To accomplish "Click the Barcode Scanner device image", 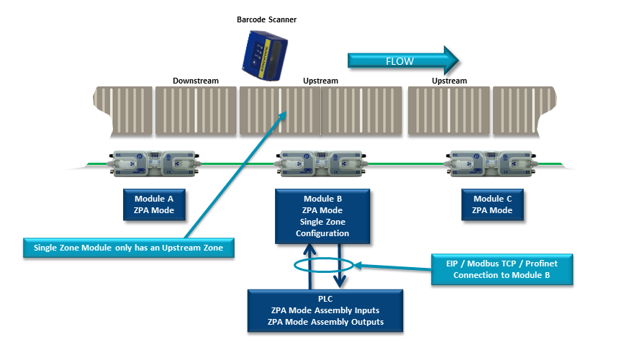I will [x=267, y=50].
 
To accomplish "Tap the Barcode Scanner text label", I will [x=267, y=19].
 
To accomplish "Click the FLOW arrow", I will [x=403, y=60].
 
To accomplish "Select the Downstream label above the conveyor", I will [x=195, y=81].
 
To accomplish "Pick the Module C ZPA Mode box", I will [x=492, y=204].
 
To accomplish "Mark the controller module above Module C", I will [x=492, y=163].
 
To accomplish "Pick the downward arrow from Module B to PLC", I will [x=340, y=266].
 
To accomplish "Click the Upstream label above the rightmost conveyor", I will [x=449, y=81].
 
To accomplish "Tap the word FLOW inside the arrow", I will [x=399, y=60].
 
